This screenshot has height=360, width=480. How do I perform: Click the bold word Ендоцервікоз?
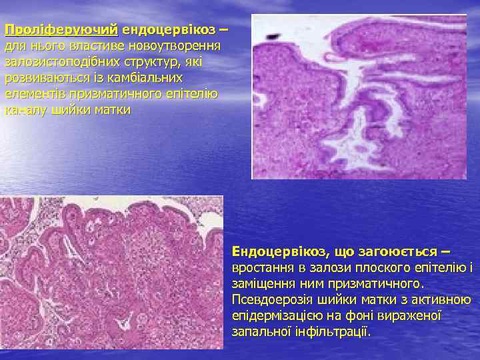(x=278, y=251)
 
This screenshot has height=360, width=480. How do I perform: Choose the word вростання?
(x=261, y=268)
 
